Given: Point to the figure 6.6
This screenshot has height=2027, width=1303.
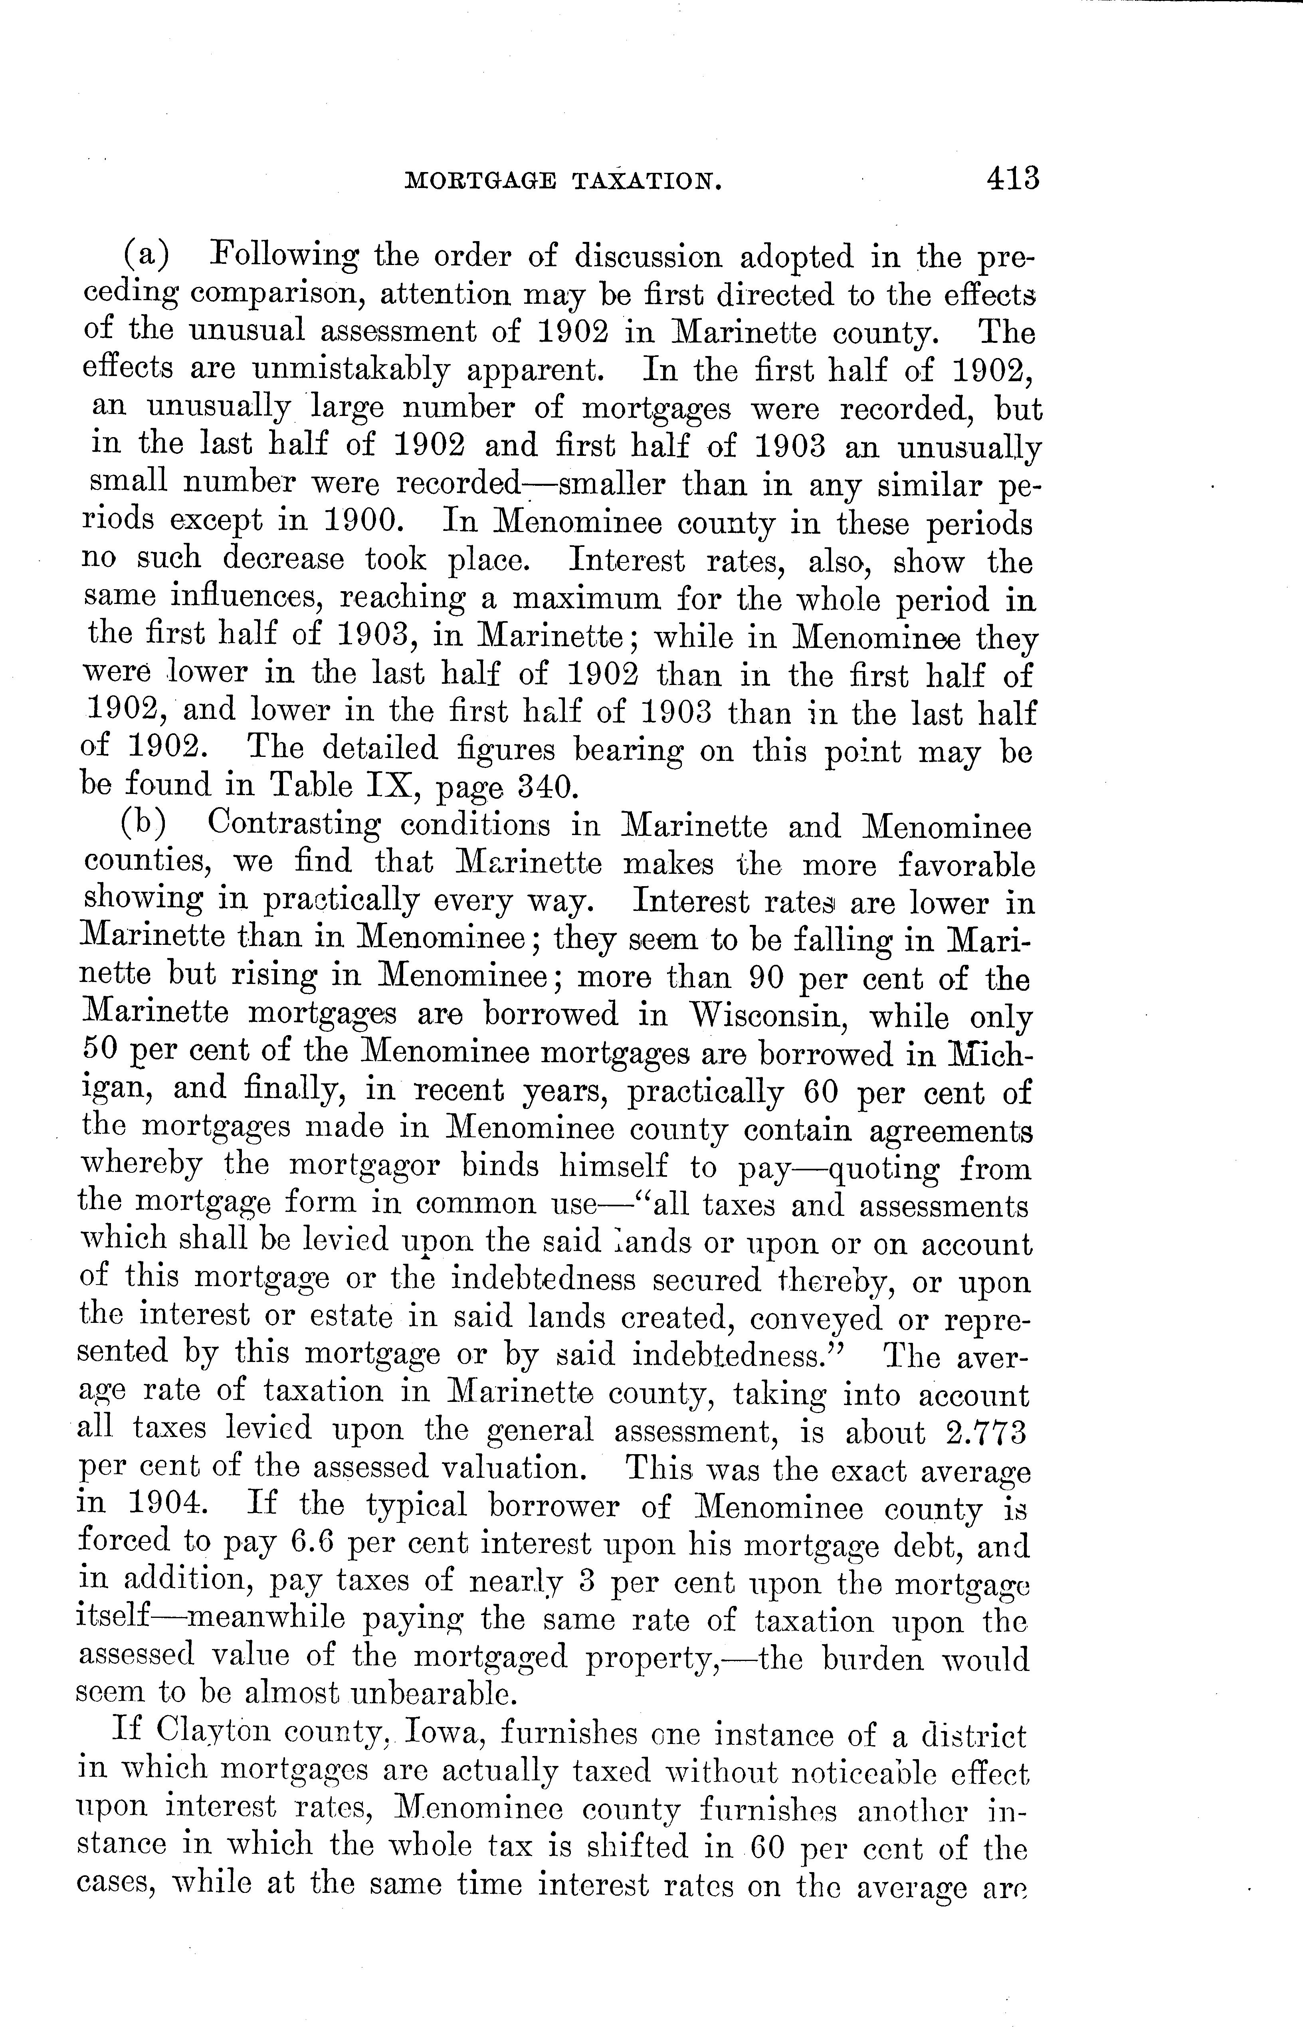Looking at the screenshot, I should point(315,1543).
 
